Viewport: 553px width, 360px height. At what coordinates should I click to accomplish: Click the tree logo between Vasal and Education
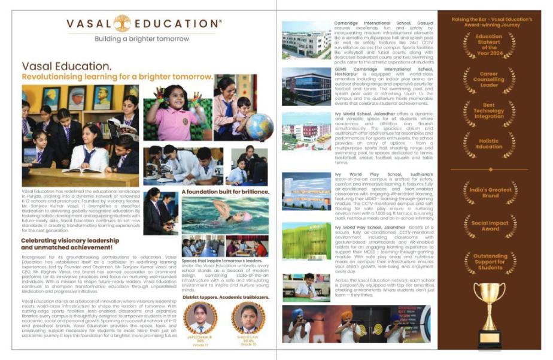(122, 23)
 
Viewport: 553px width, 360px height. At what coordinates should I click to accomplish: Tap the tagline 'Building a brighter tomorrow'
(142, 39)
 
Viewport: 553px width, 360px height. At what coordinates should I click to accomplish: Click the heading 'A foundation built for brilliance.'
(224, 192)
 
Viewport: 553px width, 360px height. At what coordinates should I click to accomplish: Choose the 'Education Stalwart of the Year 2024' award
(489, 46)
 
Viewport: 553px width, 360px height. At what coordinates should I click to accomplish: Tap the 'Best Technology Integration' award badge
(489, 112)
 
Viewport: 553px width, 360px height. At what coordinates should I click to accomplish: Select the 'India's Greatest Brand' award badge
(489, 192)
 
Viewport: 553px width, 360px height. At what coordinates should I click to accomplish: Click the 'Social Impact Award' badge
(489, 225)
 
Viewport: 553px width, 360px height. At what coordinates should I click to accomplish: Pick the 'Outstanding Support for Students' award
(489, 261)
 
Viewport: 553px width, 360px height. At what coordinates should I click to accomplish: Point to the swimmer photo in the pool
(224, 214)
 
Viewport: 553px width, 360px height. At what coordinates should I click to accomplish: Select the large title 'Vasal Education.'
(66, 66)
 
